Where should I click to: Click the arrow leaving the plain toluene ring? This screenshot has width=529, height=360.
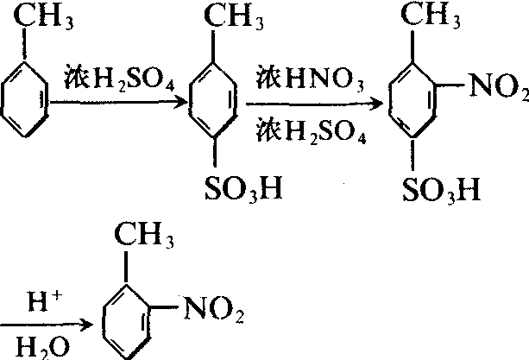(x=121, y=102)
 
